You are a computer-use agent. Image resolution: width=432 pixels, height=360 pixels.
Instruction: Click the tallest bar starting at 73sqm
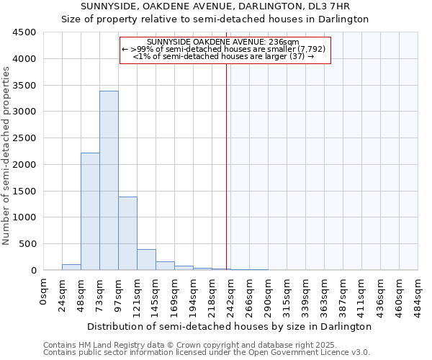(x=109, y=180)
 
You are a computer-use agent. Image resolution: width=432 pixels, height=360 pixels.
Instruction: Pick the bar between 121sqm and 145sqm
(x=146, y=260)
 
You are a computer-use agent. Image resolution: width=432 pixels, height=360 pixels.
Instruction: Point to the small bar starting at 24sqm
(x=71, y=267)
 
